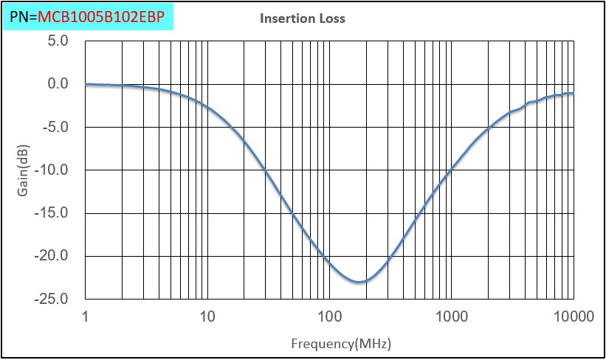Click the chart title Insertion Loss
pyautogui.click(x=302, y=18)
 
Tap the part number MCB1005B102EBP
pyautogui.click(x=101, y=15)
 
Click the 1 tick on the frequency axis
pyautogui.click(x=86, y=317)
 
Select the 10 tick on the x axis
pyautogui.click(x=207, y=317)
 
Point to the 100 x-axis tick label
pyautogui.click(x=329, y=317)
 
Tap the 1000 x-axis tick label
pyautogui.click(x=451, y=317)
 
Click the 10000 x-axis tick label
pyautogui.click(x=573, y=317)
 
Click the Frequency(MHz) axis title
pyautogui.click(x=341, y=344)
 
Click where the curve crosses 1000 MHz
pyautogui.click(x=451, y=172)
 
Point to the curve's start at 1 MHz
pyautogui.click(x=86, y=85)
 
